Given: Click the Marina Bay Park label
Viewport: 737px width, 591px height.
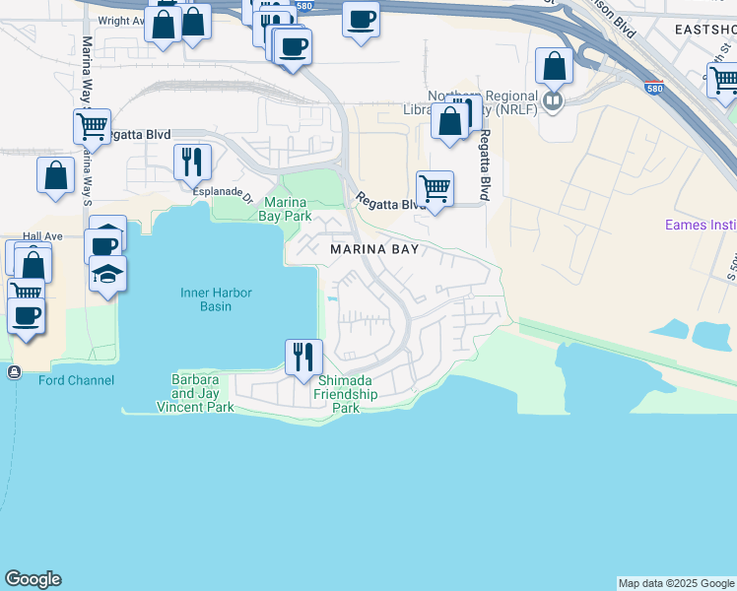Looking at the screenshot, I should pos(287,209).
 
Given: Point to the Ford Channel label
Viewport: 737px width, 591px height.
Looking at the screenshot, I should pos(76,380).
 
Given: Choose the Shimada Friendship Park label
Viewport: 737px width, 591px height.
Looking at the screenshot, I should pos(346,395).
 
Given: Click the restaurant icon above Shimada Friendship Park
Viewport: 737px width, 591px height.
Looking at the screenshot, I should pos(303,356).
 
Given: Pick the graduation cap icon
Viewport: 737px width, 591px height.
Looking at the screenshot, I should pos(107,273).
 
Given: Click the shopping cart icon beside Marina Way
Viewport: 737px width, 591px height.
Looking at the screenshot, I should pos(91,125).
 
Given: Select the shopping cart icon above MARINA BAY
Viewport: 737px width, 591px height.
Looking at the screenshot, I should pos(434,187).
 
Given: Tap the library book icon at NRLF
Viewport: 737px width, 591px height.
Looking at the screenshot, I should pos(554,99).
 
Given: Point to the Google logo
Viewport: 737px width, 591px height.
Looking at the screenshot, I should pos(33,579).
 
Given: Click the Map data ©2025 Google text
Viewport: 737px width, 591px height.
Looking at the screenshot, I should pos(676,583).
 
